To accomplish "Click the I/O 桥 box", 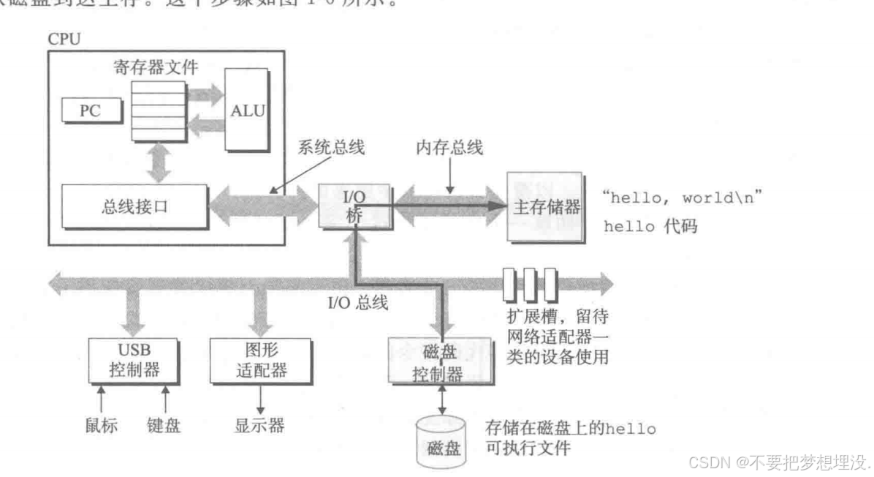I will coord(354,206).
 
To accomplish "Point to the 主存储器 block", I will coord(544,207).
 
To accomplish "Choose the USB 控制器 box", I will coord(132,359).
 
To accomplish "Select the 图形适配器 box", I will coord(255,359).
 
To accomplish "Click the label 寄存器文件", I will coord(156,67).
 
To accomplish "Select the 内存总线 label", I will coord(449,146).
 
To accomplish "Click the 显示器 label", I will coord(259,424).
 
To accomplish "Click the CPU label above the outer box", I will coord(64,40).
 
